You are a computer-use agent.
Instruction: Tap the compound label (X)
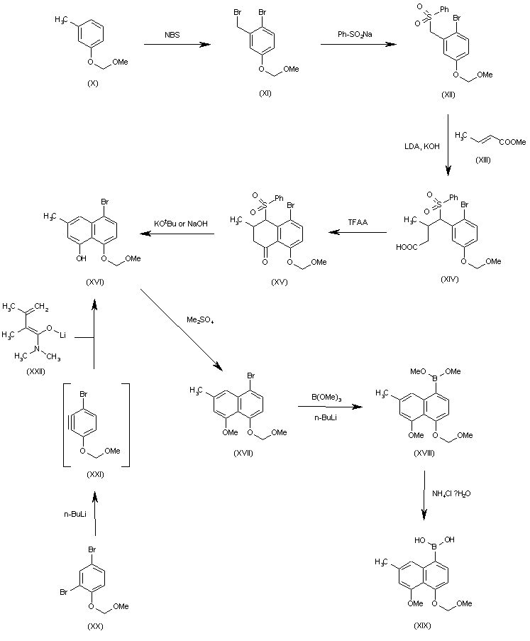tap(94, 83)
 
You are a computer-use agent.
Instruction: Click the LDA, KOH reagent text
tap(423, 146)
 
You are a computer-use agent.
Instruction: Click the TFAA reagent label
tap(357, 221)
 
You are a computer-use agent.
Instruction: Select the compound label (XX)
tap(94, 627)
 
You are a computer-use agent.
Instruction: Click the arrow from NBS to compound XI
tap(177, 45)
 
